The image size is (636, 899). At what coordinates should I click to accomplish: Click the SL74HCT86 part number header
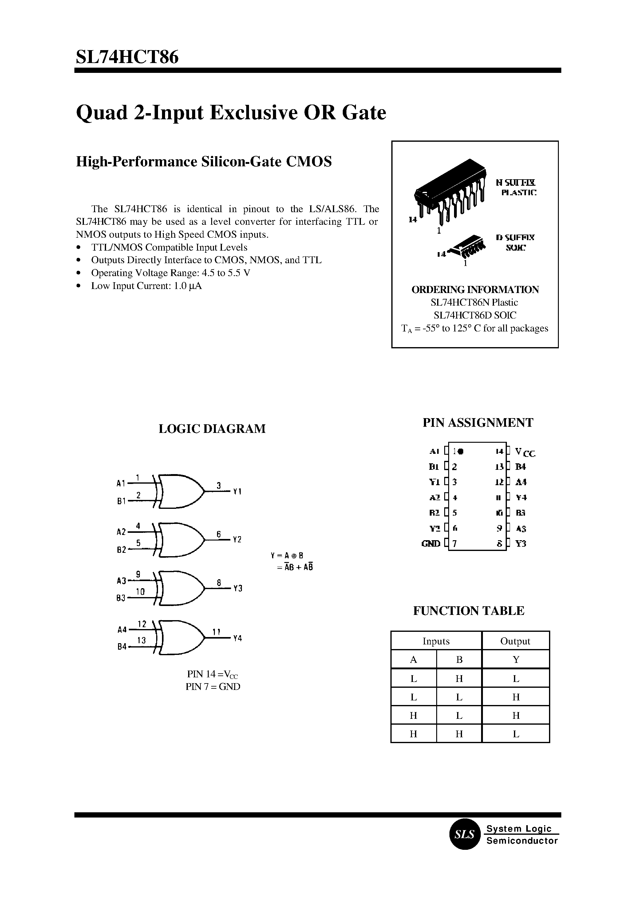click(x=127, y=57)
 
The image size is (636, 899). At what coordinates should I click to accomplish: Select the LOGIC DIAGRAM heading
click(x=212, y=429)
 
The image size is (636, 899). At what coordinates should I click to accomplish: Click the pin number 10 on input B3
click(x=140, y=592)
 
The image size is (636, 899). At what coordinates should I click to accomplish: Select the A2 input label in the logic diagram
click(x=121, y=532)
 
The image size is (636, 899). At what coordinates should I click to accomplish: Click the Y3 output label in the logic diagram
click(x=238, y=588)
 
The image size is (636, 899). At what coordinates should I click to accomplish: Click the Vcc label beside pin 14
click(x=525, y=453)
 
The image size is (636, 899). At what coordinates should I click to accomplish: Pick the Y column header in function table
click(x=516, y=660)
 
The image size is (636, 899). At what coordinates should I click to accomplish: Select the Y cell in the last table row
click(x=516, y=734)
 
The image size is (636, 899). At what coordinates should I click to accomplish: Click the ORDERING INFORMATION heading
click(x=475, y=290)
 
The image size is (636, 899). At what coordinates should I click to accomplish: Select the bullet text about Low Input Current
click(x=146, y=286)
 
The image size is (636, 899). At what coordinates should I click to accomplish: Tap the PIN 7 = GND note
click(x=213, y=687)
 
